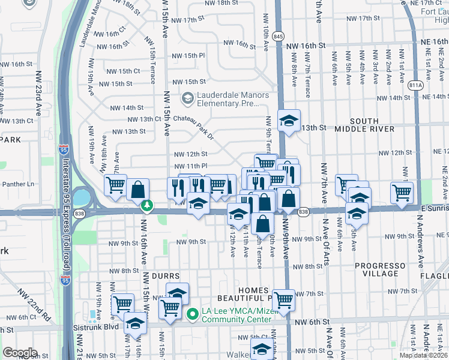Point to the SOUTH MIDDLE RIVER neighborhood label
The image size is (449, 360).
point(364,125)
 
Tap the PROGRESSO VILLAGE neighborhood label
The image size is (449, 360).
point(384,269)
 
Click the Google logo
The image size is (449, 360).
point(20,352)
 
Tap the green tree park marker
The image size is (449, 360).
point(147,206)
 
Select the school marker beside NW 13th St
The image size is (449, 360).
point(289,120)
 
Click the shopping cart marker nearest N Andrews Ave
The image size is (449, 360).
point(402,192)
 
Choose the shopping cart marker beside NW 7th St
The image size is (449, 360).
point(283,299)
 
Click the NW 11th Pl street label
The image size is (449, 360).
point(190,166)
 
